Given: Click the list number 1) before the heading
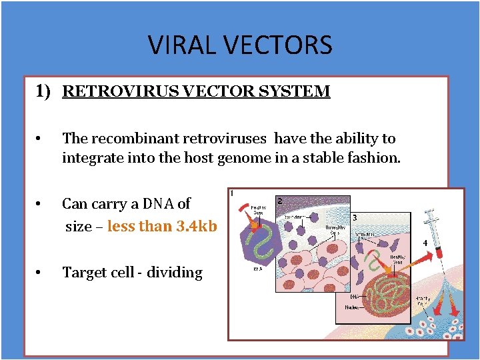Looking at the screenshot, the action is tap(43, 91).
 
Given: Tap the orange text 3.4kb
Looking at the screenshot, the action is tap(197, 226).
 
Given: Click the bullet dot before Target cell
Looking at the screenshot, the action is tap(40, 273).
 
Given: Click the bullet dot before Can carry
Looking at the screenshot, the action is tap(40, 204).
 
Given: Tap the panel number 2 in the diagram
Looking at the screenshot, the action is tap(280, 201).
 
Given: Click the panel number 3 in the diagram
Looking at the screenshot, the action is tap(354, 217).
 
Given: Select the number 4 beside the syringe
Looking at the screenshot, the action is tap(425, 243).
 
